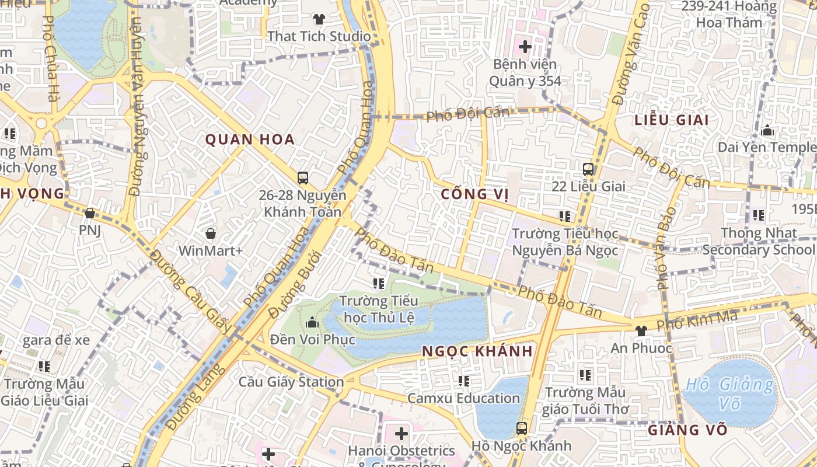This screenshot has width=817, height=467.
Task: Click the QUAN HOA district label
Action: [250, 140]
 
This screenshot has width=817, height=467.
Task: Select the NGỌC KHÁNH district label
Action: [477, 351]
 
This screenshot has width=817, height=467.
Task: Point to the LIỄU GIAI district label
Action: [672, 120]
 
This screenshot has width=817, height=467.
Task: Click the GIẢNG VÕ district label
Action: [687, 430]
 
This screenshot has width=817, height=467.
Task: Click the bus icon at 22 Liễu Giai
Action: [588, 169]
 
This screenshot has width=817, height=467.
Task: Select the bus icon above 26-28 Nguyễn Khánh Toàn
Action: [302, 177]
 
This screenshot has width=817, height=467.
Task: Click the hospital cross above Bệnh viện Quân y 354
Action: [525, 46]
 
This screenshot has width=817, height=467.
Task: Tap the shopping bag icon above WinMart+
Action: [210, 233]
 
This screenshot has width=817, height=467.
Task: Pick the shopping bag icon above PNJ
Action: [89, 214]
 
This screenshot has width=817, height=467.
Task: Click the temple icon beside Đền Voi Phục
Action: [312, 322]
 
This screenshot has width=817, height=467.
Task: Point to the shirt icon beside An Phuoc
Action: [641, 330]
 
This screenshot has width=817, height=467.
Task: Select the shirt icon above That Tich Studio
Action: [319, 19]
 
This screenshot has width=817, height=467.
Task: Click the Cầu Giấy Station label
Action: [291, 382]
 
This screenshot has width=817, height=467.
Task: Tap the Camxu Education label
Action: [463, 398]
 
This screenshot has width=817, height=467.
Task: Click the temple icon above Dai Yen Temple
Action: [767, 130]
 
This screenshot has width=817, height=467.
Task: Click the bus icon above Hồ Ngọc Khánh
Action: [522, 428]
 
